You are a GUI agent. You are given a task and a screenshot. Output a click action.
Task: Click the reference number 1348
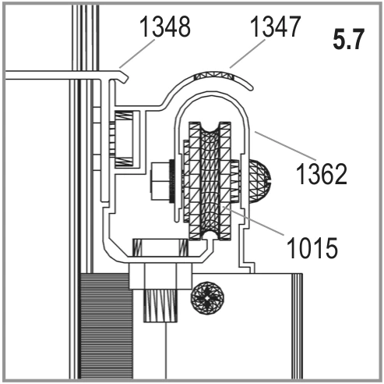[165, 27]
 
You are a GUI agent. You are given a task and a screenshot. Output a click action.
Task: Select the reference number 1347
[276, 27]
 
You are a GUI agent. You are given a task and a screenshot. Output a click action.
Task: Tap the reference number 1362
[322, 173]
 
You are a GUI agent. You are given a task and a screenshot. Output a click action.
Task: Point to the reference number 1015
[312, 247]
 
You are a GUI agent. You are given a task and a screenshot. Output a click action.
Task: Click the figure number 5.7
[349, 39]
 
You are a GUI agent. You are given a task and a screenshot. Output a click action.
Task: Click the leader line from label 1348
[137, 54]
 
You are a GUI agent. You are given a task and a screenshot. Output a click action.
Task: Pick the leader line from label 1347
[248, 54]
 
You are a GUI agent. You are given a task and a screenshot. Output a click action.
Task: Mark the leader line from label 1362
[285, 146]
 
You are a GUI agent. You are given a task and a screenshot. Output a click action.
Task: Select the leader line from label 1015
[252, 220]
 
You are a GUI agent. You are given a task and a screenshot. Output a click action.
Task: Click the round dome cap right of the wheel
[260, 181]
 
